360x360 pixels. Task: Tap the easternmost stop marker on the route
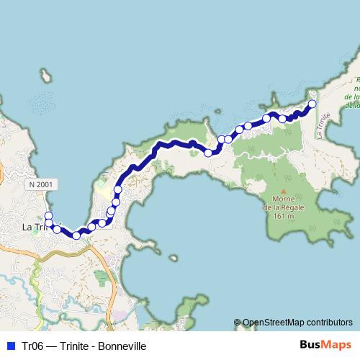[x=312, y=104]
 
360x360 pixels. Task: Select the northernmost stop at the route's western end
[x=48, y=216]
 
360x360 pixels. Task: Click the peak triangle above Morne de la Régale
[x=284, y=191]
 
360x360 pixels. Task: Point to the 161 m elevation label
[x=284, y=216]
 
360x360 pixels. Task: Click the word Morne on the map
[x=284, y=199]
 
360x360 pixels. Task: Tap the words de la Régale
[x=284, y=207]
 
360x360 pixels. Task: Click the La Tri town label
[x=33, y=228]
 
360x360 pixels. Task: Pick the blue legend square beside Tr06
[x=10, y=346]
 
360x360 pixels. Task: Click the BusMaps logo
[x=325, y=346]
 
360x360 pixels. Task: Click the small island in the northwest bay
[x=46, y=76]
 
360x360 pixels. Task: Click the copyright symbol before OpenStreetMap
[x=237, y=323]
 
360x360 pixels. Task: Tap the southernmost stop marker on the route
[x=76, y=235]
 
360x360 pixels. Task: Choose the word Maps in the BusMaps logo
[x=338, y=346]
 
